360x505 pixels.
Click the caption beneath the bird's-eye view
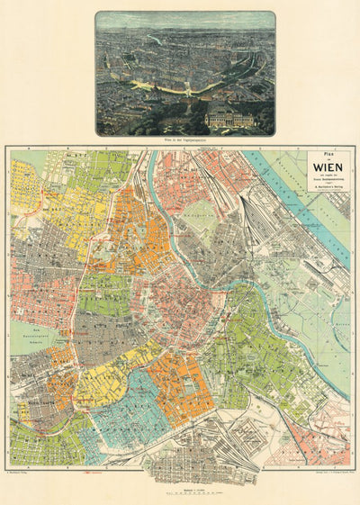(184, 141)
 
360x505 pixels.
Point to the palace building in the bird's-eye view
(229, 117)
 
